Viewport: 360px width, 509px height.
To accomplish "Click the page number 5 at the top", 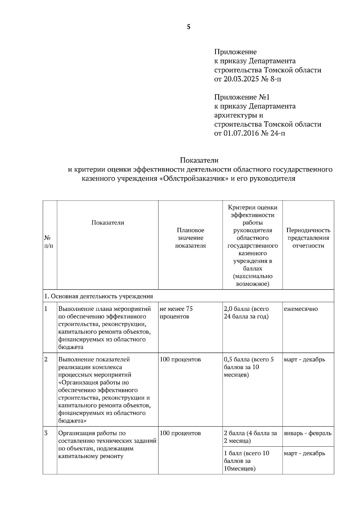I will (188, 27).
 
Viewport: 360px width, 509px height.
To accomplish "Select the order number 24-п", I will (278, 133).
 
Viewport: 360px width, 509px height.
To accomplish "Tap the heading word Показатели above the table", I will (199, 160).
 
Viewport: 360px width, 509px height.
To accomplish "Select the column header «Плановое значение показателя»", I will (190, 238).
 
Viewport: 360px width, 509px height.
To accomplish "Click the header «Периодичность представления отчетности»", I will (308, 238).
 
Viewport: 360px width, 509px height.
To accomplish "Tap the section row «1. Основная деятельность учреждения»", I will (99, 296).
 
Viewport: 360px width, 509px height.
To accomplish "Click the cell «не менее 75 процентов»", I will (176, 313).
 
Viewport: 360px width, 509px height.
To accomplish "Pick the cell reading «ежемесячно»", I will (301, 309).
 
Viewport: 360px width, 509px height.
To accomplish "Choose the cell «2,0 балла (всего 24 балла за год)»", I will (246, 313).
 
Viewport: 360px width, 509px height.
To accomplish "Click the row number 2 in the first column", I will (46, 359).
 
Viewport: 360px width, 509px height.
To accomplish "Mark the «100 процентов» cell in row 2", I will (180, 359).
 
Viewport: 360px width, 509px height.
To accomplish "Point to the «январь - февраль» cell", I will (307, 433).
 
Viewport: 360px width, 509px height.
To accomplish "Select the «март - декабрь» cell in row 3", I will (304, 453).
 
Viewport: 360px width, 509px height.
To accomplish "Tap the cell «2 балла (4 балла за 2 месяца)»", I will (250, 437).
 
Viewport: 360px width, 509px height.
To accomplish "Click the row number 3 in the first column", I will (46, 433).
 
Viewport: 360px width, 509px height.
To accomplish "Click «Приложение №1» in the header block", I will (242, 97).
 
